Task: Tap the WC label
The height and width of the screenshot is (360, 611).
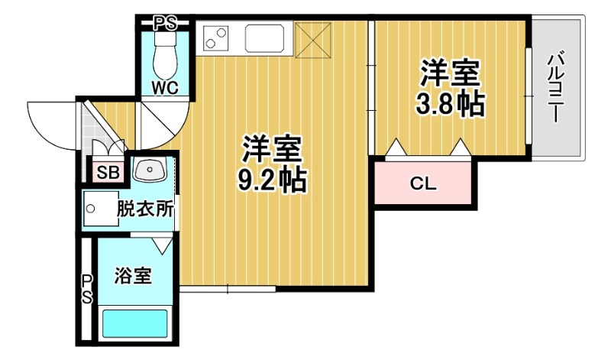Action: [x=164, y=88]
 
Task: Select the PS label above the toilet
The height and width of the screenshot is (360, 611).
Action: [x=165, y=23]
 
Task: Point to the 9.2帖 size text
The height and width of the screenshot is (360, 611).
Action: [x=271, y=180]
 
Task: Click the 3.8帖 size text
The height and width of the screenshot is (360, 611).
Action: [x=449, y=104]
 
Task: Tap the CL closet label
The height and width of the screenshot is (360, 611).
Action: [x=422, y=183]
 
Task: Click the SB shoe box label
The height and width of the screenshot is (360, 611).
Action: [x=106, y=172]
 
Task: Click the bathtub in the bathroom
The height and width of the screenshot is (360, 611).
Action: [x=136, y=323]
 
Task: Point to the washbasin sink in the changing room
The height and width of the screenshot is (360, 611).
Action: [x=150, y=170]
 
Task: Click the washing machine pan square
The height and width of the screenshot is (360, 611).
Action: [x=98, y=209]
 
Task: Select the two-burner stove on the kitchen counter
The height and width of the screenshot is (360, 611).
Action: [x=217, y=37]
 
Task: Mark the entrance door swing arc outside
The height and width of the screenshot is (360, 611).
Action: [x=50, y=126]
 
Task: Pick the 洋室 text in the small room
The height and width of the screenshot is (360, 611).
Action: [x=449, y=75]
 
